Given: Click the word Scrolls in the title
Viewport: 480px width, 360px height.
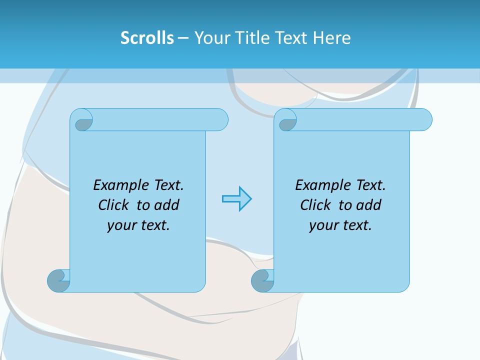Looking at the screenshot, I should tap(147, 37).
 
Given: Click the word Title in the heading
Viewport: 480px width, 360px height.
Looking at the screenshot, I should tap(247, 37).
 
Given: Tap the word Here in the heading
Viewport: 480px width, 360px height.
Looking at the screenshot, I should tap(331, 37).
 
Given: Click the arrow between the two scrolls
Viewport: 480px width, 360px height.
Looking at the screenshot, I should tap(236, 199).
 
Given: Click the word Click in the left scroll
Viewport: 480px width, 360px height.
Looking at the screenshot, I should tap(114, 205).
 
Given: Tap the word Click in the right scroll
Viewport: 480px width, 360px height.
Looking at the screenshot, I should tap(315, 205).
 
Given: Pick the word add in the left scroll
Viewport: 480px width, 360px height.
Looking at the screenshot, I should tap(166, 205).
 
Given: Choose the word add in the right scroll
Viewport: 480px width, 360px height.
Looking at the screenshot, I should tap(368, 205).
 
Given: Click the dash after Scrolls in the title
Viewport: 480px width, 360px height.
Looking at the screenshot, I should tap(183, 37).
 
